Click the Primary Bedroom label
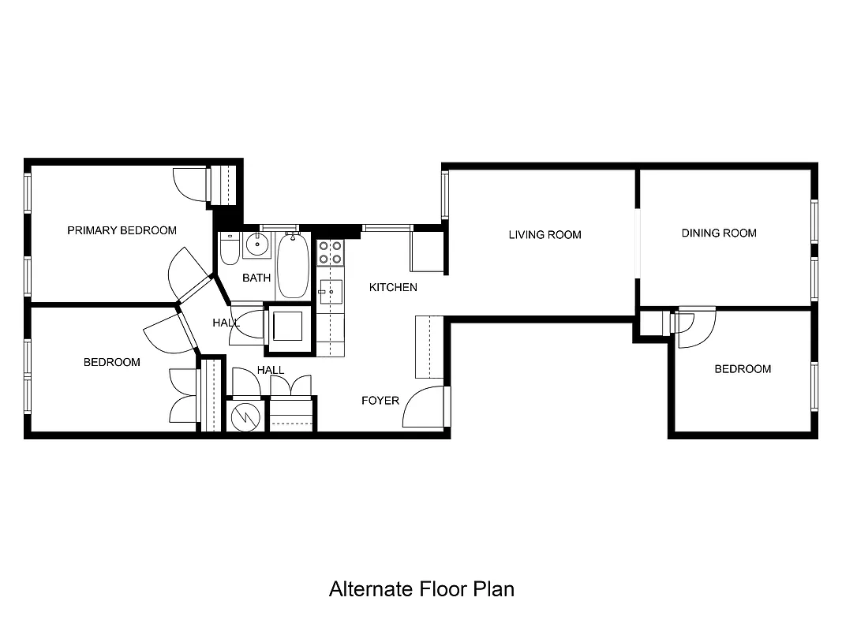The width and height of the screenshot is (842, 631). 122,230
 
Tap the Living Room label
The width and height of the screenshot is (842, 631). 544,234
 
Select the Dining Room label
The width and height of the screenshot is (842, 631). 718,233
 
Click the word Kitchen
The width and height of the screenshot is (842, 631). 393,287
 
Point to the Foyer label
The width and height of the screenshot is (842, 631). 380,401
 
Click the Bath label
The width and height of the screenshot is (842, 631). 256,278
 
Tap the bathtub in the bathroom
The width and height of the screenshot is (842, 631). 292,265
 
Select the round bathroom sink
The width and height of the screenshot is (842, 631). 256,245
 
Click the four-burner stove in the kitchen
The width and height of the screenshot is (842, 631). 331,252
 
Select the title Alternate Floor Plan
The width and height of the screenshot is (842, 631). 421,589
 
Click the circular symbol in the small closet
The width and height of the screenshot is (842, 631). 245,416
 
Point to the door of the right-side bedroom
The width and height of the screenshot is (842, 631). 693,328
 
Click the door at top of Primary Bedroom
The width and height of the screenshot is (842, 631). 191,184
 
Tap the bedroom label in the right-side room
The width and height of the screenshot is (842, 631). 743,369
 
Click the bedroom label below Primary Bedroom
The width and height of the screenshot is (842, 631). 112,362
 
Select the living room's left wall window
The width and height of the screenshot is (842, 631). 445,195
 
